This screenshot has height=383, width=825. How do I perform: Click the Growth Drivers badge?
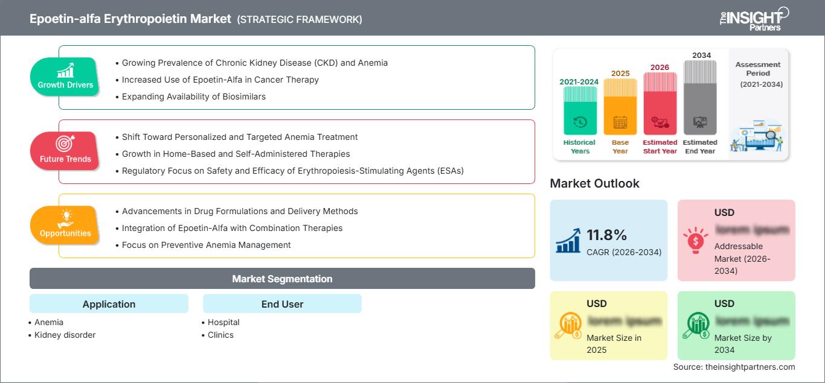65,77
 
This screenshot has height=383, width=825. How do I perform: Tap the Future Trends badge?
65,151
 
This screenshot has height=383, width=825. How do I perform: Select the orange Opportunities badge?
65,225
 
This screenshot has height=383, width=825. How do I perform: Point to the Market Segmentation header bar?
282,279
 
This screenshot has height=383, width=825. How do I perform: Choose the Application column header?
109,304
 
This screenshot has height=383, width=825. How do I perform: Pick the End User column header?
282,304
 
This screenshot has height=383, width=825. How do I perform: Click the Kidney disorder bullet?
65,335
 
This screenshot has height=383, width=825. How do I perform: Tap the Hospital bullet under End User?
223,322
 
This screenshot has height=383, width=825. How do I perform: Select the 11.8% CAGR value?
606,235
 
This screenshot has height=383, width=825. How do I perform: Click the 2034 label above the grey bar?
701,55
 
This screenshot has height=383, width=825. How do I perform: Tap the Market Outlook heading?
594,183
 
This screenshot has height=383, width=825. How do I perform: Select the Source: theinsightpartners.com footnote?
734,367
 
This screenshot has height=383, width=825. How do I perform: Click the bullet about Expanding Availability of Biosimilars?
193,97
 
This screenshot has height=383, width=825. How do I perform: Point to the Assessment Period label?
758,69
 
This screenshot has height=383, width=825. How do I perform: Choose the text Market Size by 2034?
743,344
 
